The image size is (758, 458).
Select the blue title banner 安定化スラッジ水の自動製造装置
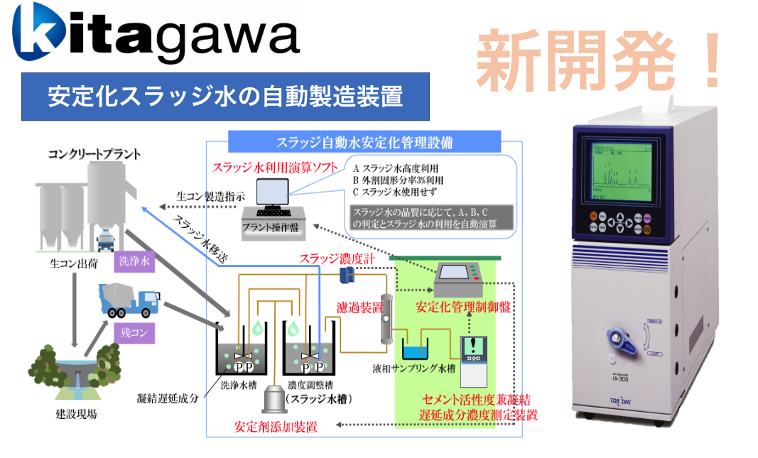click(x=225, y=97)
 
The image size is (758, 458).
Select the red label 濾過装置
click(x=359, y=307)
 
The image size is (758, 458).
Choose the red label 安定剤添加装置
click(x=276, y=427)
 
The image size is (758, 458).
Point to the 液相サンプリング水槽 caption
click(x=415, y=370)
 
